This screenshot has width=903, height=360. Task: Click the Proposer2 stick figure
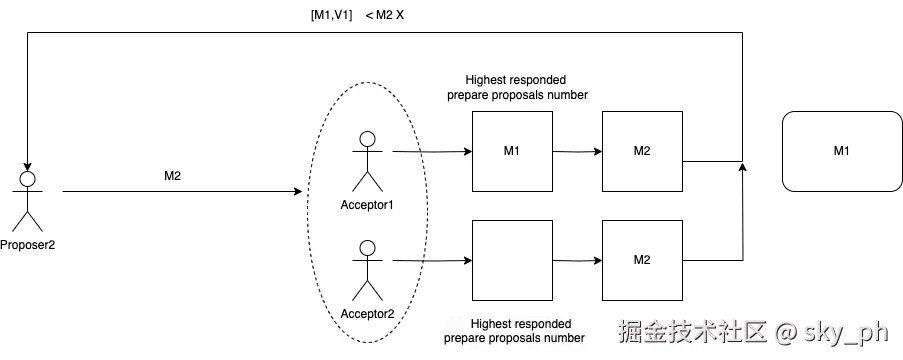[x=28, y=200]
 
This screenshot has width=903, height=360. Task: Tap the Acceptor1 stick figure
[x=368, y=160]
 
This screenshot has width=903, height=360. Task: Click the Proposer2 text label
[x=28, y=243]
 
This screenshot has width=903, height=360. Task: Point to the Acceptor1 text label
[x=368, y=205]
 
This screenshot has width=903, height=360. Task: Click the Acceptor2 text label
[x=368, y=313]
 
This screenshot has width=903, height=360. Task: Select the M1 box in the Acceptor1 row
[x=512, y=151]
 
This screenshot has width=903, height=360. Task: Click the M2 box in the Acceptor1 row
[x=642, y=151]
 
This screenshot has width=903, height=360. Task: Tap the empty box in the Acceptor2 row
[x=512, y=260]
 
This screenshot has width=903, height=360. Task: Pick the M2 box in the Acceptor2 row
[x=642, y=260]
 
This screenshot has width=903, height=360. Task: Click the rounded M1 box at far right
[x=841, y=151]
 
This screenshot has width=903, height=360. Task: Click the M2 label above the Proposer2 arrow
[x=173, y=176]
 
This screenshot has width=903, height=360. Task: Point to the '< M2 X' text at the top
[x=385, y=15]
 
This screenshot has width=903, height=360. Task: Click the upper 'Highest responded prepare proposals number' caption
[x=517, y=87]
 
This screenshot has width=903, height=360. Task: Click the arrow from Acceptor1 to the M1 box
[x=430, y=152]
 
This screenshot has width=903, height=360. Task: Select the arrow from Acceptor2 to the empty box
[x=430, y=260]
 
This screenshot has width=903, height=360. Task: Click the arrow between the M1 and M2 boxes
[x=577, y=152]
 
